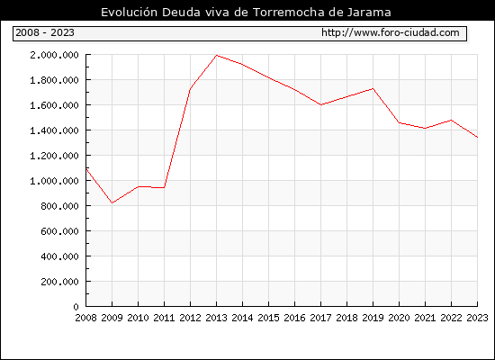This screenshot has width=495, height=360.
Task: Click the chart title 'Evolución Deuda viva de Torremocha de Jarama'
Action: click(246, 13)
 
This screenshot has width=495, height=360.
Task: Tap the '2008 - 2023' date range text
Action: click(45, 32)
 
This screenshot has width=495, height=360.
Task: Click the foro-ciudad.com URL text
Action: click(391, 32)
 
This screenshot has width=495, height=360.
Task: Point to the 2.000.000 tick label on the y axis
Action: click(54, 55)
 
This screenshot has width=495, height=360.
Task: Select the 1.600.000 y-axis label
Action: click(54, 105)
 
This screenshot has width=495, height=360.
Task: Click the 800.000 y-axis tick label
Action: click(59, 206)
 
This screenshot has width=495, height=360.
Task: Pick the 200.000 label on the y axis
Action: click(59, 282)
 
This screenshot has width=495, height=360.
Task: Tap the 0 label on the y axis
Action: click(76, 307)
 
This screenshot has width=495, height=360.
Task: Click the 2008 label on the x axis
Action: click(85, 318)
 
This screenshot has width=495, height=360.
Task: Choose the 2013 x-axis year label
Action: click(216, 318)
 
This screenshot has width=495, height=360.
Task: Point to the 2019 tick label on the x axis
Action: click(373, 318)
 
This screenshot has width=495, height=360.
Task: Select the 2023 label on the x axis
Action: click(477, 318)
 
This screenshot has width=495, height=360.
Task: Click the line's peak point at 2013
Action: click(216, 56)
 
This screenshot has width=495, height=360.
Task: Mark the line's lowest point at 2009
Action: click(112, 202)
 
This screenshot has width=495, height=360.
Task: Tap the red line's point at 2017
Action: click(320, 104)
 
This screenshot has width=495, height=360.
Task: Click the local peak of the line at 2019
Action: click(373, 89)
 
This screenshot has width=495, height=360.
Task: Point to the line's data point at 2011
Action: click(164, 187)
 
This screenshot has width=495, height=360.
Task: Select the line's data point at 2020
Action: click(399, 122)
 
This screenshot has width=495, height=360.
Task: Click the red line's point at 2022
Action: click(451, 120)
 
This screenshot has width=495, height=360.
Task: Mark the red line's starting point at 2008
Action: click(86, 169)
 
